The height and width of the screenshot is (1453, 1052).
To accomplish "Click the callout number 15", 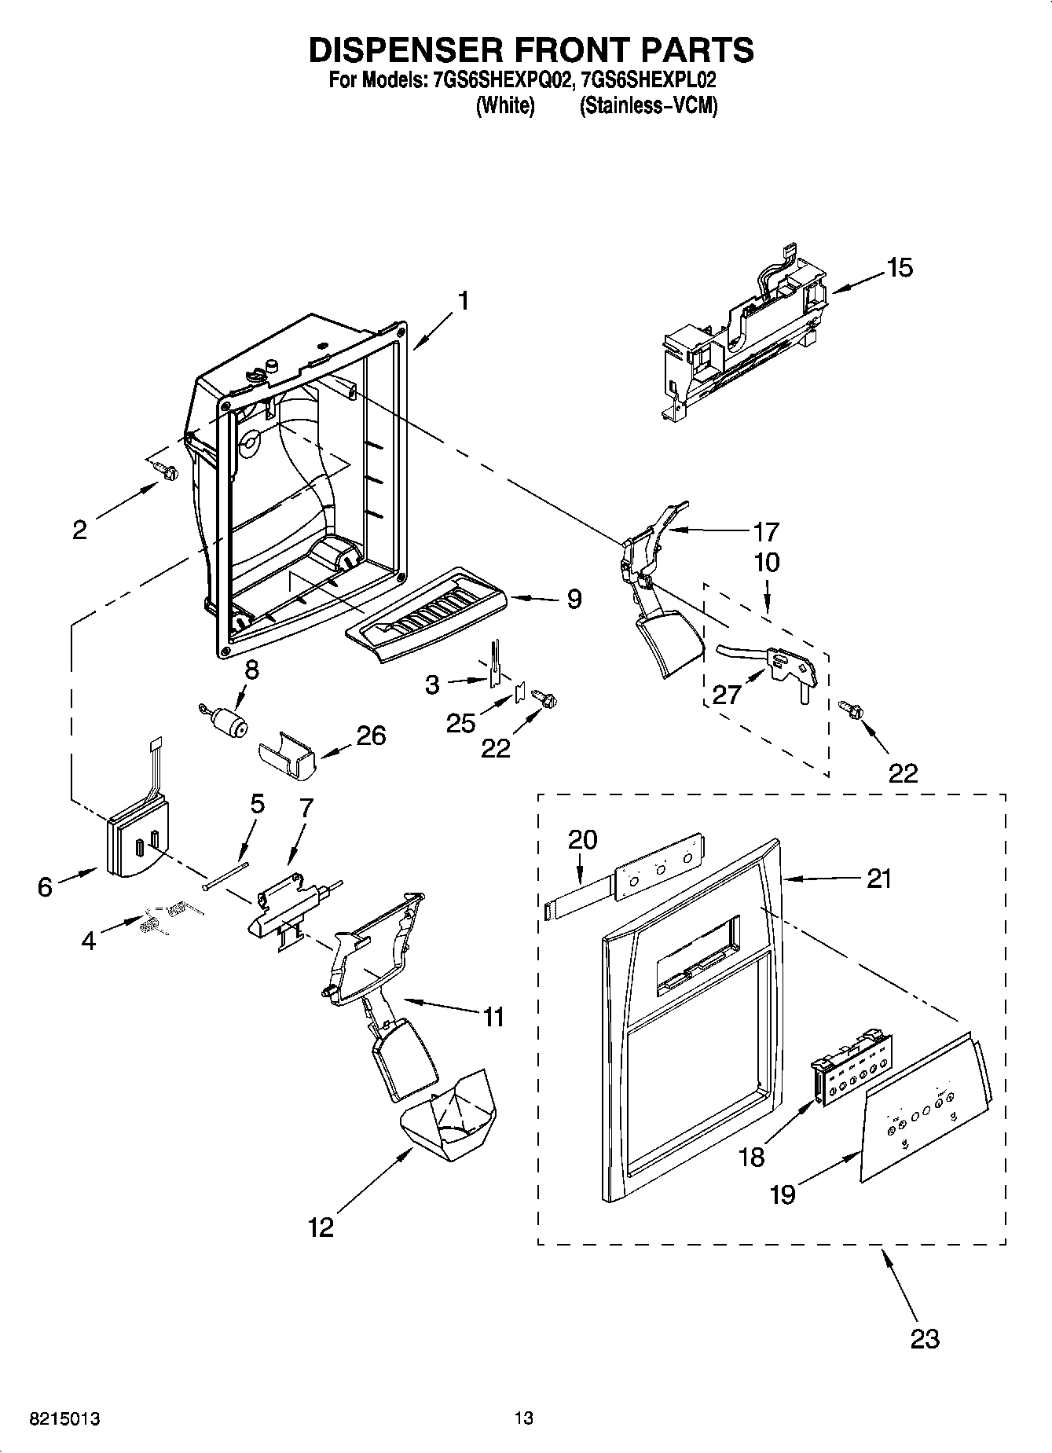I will [x=900, y=268].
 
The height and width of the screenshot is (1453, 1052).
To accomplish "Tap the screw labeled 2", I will [x=166, y=471].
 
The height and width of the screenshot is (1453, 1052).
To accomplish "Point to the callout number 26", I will [x=371, y=736].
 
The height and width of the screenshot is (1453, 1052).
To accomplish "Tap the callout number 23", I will [x=924, y=1337].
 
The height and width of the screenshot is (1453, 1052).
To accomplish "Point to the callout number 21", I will [x=878, y=878].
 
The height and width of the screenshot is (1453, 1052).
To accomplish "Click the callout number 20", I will [x=583, y=839].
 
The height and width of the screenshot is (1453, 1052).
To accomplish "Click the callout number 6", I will [x=45, y=887].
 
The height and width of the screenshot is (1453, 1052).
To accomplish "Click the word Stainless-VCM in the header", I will [x=649, y=106].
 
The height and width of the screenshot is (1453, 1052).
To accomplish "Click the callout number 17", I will [x=765, y=532].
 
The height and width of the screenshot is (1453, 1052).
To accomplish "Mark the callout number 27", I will [x=727, y=694].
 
